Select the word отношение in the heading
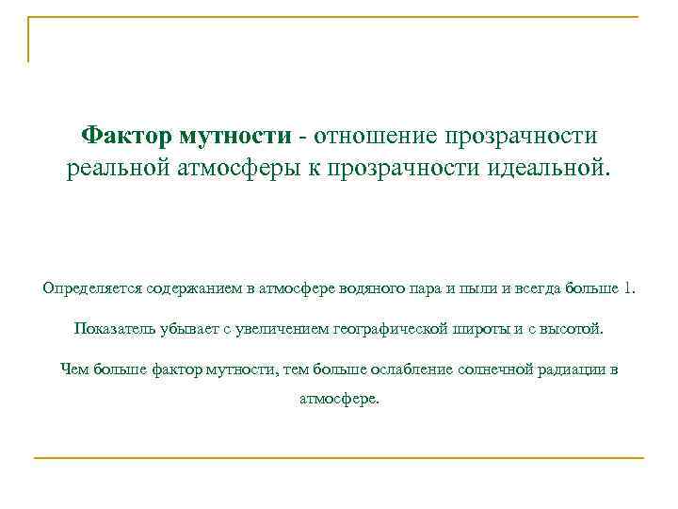coord(377,137)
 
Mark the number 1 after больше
coord(629,287)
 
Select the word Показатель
coord(109,330)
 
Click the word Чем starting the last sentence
coord(73,369)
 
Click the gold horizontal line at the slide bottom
coord(339,458)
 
